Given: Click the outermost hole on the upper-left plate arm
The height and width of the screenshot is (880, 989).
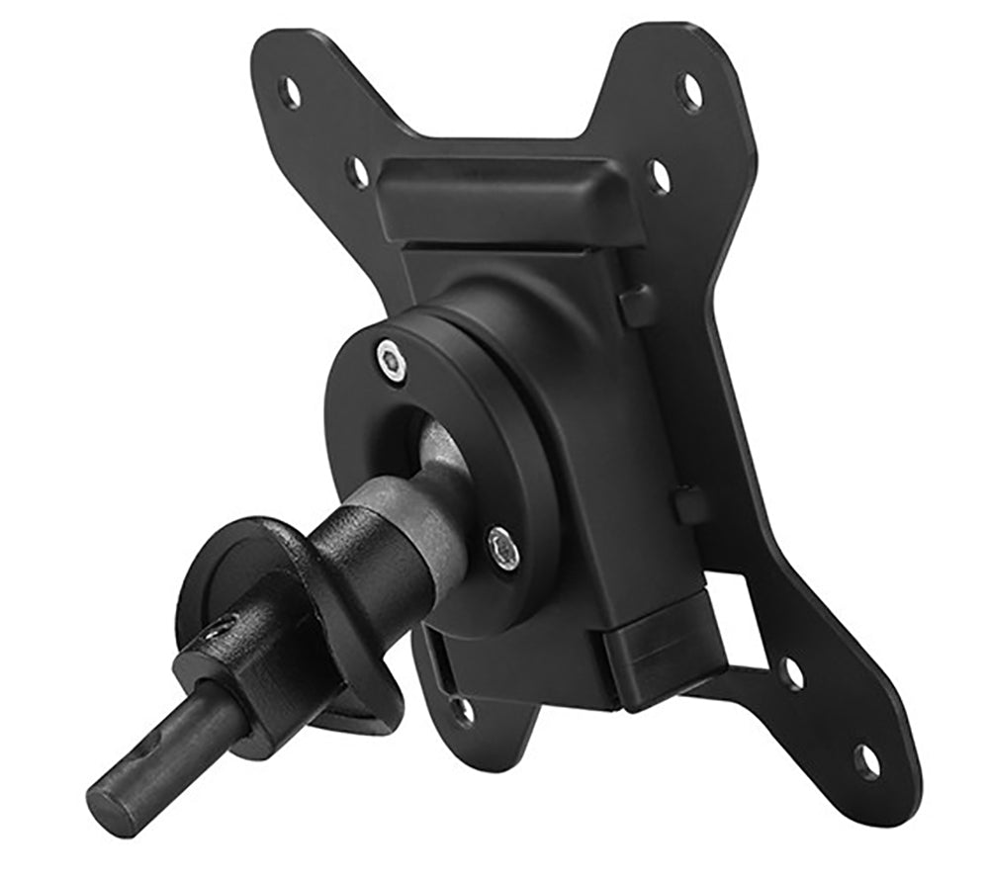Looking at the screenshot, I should pos(290,93).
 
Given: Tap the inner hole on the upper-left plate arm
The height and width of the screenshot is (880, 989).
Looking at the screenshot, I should pos(358,171).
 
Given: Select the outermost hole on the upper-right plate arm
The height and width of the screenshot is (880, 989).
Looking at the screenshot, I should pos(690,92).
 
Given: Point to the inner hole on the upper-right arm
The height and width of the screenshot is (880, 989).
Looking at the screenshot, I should pos(660,177).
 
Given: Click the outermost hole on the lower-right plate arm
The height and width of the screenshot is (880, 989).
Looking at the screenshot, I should pos(866,760).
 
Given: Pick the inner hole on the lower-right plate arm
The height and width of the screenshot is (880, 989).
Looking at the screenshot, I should pos(791,674).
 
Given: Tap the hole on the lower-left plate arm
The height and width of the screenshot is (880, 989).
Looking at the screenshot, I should pos(462,710).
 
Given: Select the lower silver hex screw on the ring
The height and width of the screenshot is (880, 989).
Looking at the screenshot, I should pos(503,547).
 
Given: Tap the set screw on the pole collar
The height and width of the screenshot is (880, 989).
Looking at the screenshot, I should pos(220,629).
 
